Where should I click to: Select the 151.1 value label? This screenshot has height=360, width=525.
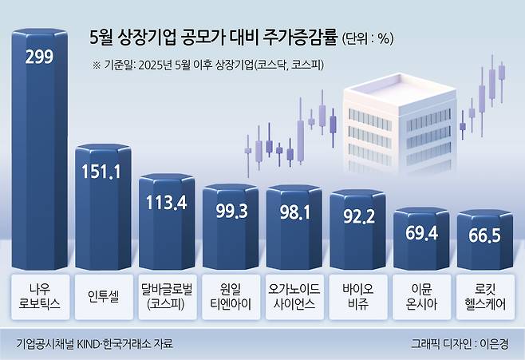tap(103, 170)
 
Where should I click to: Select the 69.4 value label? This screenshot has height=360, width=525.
tap(421, 233)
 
